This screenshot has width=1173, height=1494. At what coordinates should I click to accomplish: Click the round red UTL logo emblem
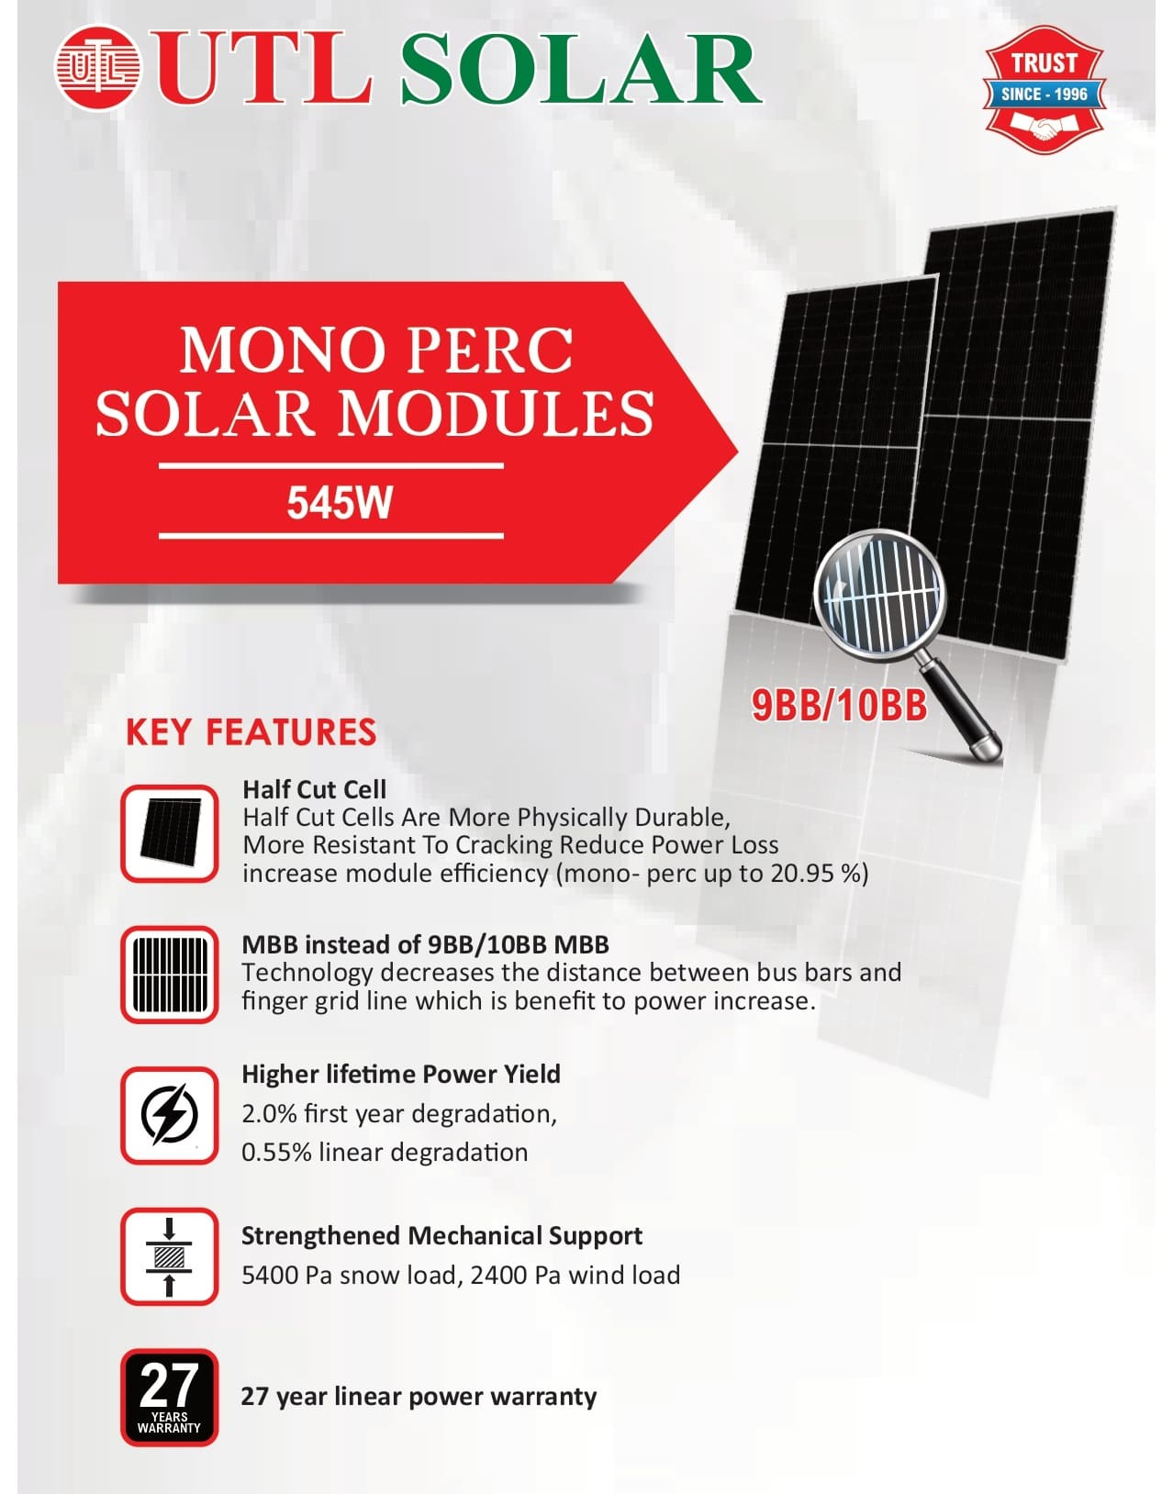pos(97,67)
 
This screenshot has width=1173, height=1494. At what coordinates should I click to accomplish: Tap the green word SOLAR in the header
pos(581,69)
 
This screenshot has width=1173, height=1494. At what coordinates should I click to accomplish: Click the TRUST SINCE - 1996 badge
pos(1044,89)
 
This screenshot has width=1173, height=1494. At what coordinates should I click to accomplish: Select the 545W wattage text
pos(340,503)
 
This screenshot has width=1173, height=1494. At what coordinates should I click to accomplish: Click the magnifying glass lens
pos(879,596)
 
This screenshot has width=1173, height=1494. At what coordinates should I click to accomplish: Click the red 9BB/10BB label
pos(839,706)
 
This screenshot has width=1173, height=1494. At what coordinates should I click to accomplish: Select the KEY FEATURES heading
pos(251,731)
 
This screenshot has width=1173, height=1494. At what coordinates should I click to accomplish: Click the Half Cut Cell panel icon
pos(169,832)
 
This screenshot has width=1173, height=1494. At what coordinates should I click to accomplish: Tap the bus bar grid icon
pos(169,975)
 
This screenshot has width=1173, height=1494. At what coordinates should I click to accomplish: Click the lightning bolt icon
pos(169,1115)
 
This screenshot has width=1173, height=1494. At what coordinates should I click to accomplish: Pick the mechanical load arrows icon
pos(169,1257)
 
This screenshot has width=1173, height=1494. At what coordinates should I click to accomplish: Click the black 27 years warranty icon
pos(169,1397)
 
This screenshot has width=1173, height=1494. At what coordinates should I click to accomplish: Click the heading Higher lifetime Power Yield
pos(401,1074)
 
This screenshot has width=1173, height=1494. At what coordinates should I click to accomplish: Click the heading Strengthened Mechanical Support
pos(441,1235)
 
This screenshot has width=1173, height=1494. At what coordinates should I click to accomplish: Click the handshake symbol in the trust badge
pos(1045,128)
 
